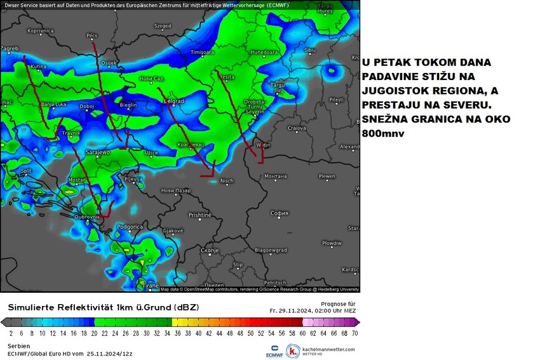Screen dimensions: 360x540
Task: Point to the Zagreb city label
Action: coord(10,48)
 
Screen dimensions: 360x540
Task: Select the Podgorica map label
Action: coord(130,227)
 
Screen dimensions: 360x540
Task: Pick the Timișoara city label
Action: coord(203,52)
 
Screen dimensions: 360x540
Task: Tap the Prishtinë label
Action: coord(199,215)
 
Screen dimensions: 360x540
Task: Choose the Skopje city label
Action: coord(210,250)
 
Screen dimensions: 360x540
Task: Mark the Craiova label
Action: coord(297,128)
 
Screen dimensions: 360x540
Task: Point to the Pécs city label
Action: coord(92,36)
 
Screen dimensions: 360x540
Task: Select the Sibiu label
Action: coord(310,50)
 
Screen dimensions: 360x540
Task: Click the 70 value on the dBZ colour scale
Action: coord(353,332)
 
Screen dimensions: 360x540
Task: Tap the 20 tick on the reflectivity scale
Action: coord(93,332)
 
